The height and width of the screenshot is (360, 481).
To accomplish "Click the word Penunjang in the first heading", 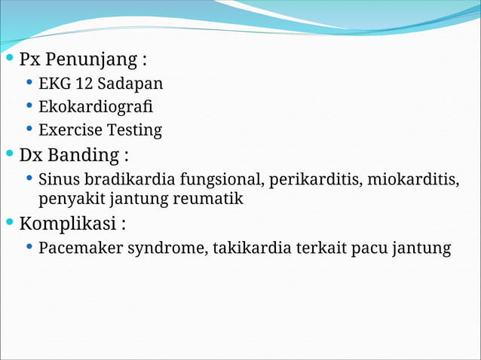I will pyautogui.click(x=90, y=59).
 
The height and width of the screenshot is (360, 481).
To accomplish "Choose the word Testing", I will pyautogui.click(x=133, y=130).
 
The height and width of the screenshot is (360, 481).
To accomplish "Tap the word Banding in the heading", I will pyautogui.click(x=83, y=155).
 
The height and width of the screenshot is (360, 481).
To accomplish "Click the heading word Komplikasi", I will pyautogui.click(x=68, y=224).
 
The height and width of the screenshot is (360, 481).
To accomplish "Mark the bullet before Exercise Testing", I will pyautogui.click(x=29, y=130).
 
